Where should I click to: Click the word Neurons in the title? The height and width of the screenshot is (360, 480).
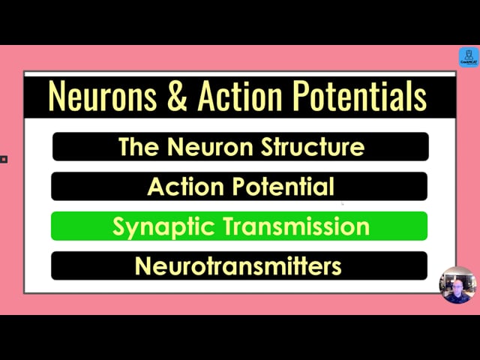(x=102, y=96)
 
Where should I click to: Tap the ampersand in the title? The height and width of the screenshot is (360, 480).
(x=177, y=96)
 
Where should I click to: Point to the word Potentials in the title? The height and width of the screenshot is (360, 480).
(x=359, y=95)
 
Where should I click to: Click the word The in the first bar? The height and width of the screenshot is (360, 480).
(x=139, y=147)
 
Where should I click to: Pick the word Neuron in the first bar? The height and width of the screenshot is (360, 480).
(x=210, y=147)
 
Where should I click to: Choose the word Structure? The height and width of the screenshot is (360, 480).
(x=313, y=147)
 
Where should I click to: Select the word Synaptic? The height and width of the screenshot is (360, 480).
(x=163, y=226)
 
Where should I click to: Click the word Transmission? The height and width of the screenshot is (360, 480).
(x=296, y=226)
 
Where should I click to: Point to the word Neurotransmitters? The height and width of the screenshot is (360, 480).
(x=238, y=265)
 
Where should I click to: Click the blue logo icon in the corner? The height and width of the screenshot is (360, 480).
(x=469, y=57)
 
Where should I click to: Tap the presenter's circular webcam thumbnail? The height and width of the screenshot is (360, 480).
(x=457, y=285)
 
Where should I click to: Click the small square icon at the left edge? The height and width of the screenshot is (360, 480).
(x=4, y=159)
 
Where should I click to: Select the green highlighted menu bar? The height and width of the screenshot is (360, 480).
(x=239, y=226)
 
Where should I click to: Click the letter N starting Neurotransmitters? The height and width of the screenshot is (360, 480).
(x=142, y=265)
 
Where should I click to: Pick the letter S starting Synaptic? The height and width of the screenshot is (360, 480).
(x=119, y=226)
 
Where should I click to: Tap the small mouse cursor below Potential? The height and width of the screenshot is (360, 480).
(x=343, y=203)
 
